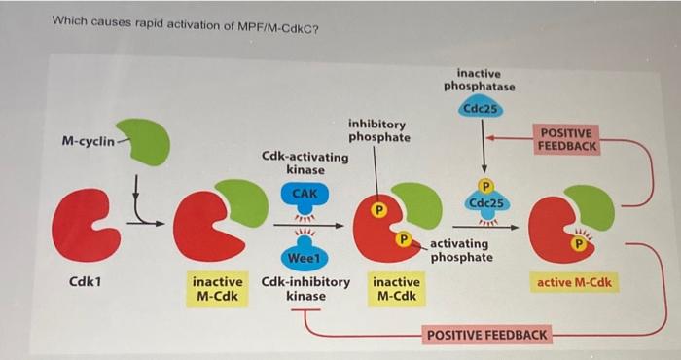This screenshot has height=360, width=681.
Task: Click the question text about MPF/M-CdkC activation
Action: point(185,26)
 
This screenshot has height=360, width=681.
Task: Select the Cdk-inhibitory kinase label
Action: point(305,288)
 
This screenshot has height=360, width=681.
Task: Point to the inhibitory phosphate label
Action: point(378,130)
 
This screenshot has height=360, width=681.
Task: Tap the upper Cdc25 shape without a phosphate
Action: point(481,109)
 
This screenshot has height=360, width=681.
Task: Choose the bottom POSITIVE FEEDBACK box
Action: point(487,336)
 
